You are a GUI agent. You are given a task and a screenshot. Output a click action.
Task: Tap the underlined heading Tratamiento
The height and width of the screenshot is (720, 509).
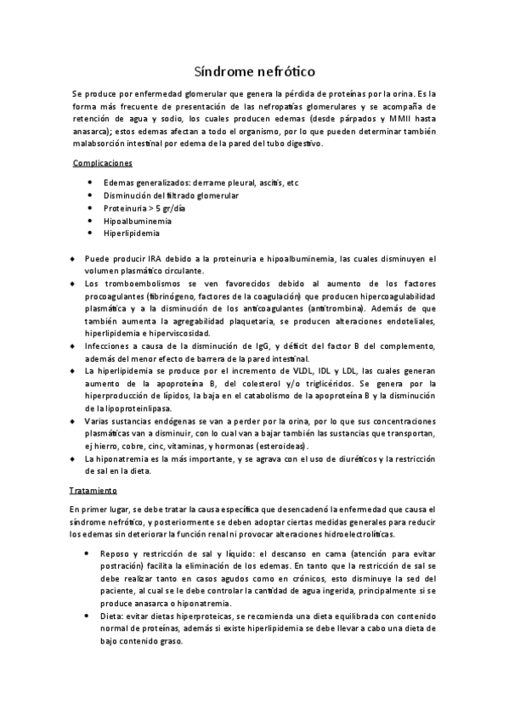93,490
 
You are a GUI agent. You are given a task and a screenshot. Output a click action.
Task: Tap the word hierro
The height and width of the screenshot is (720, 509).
107,446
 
